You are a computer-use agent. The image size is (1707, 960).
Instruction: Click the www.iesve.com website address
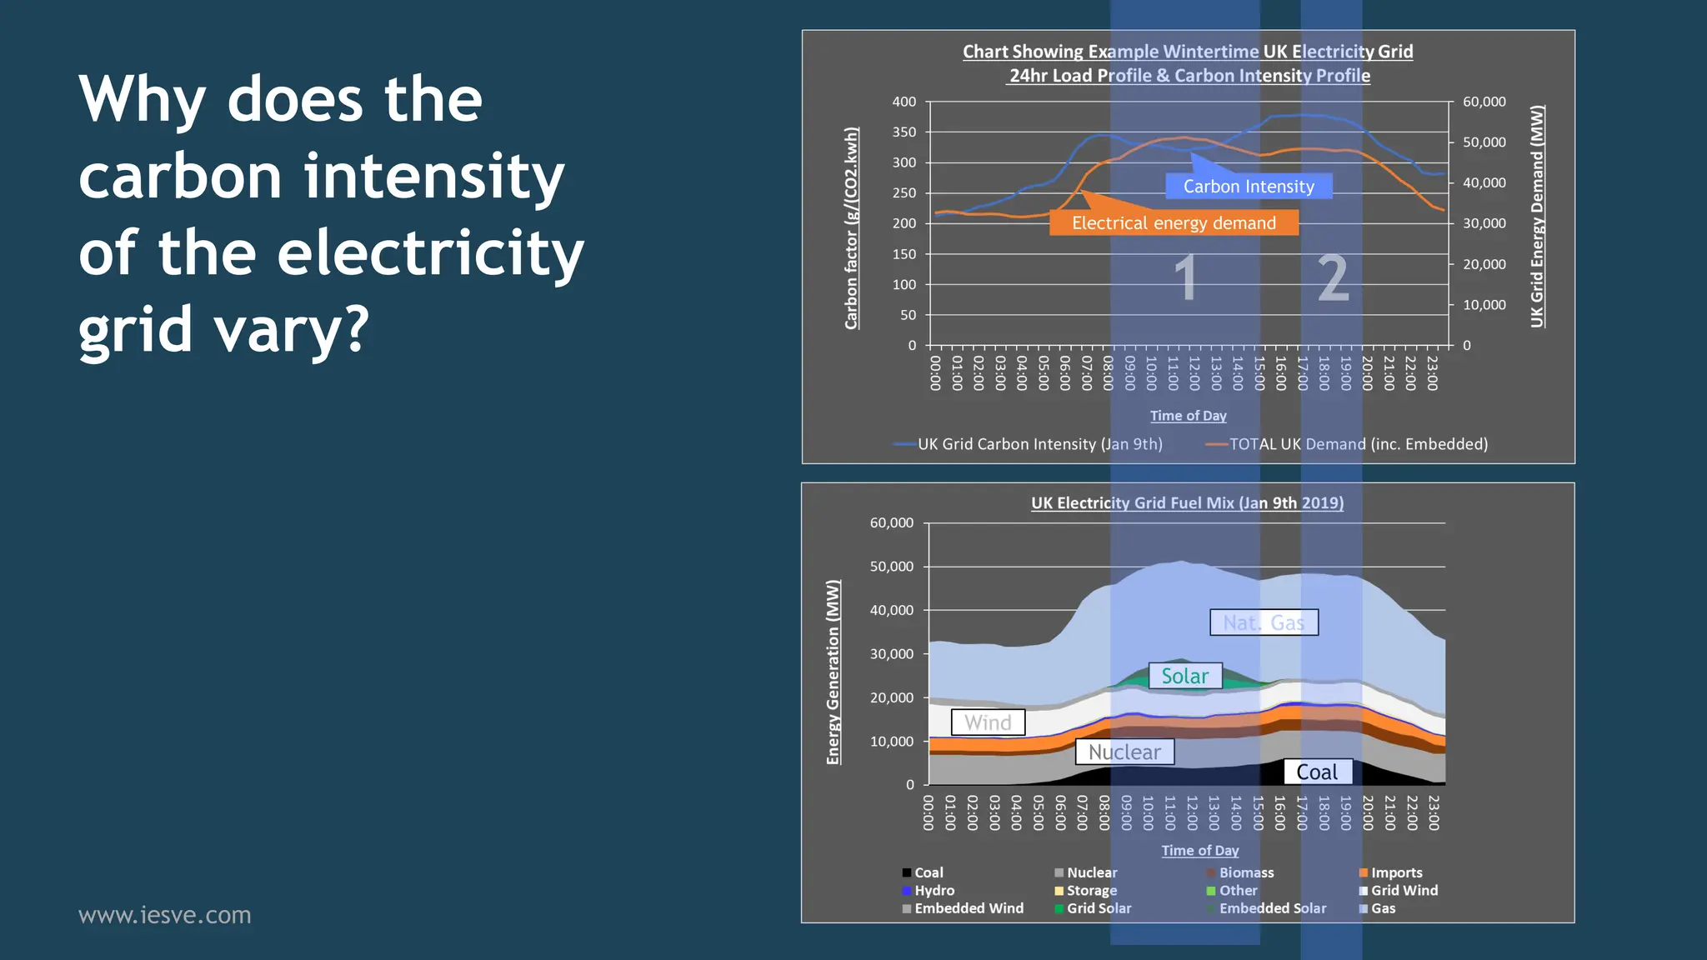(164, 915)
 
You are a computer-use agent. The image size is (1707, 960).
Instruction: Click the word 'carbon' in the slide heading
(180, 177)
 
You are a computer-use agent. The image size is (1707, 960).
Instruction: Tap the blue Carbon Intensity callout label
(1248, 187)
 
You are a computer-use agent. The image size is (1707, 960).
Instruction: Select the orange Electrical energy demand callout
(1174, 223)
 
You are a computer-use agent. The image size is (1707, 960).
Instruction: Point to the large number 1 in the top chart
(1185, 278)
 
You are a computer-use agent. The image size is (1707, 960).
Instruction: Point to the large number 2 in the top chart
(1333, 278)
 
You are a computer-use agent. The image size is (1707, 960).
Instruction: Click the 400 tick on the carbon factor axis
(904, 102)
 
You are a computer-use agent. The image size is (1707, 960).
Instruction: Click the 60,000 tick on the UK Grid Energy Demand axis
(1484, 102)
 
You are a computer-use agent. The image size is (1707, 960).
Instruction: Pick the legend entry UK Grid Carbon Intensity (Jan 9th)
(1039, 444)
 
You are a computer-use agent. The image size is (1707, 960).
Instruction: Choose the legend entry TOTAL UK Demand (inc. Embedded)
(1358, 444)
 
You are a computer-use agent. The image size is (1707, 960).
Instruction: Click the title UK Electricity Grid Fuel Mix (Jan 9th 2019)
(1187, 503)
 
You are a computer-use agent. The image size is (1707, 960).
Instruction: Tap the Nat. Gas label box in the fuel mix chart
(1264, 622)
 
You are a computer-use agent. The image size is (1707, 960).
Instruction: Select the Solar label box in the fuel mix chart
(1184, 676)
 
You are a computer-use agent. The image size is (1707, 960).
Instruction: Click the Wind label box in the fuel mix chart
(988, 722)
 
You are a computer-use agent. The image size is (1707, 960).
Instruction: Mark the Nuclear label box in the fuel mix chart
(1124, 752)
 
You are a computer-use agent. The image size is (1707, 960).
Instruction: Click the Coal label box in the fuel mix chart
(1316, 772)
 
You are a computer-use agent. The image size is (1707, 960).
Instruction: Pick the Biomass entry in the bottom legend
(1245, 872)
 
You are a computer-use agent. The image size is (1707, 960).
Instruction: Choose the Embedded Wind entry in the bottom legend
(968, 908)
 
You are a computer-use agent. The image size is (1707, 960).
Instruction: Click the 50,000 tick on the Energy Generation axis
(892, 567)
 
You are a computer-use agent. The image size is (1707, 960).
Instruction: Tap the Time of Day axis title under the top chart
(1188, 416)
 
